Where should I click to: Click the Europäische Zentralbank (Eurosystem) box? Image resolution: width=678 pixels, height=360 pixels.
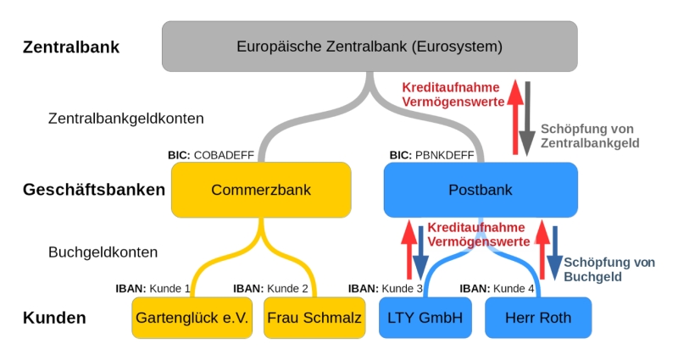coord(370,46)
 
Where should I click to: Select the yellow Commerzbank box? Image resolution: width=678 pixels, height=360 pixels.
coord(261,190)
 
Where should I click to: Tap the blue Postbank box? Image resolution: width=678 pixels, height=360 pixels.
coord(480,190)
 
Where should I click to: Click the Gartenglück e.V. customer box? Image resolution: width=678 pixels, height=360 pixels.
coord(192,318)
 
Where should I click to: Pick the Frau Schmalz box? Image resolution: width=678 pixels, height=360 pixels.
coord(314,318)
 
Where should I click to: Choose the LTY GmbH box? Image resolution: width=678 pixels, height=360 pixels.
coord(425,318)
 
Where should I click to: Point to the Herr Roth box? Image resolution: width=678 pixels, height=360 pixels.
coord(538,318)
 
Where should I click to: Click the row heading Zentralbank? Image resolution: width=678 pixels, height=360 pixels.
coord(71,47)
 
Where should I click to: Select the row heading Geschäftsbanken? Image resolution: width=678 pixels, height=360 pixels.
coord(93,190)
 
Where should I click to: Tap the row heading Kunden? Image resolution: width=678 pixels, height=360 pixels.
coord(54,318)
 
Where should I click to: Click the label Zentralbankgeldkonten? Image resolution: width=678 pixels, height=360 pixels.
coord(125,119)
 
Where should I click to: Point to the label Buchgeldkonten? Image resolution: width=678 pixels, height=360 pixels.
coord(103,252)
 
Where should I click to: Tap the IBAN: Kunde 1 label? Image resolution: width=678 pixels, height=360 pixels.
coord(153,288)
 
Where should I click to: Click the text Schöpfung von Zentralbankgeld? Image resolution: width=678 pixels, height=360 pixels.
coord(589,136)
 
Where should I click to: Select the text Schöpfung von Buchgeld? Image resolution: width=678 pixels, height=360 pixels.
coord(609,269)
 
